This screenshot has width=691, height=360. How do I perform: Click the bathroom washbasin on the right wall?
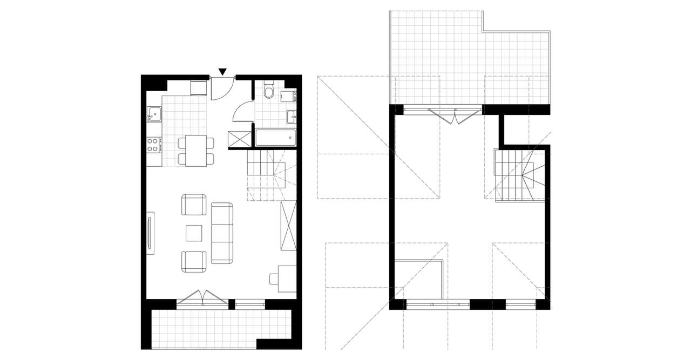(x=293, y=116)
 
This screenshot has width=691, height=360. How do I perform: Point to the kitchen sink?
(x=154, y=114)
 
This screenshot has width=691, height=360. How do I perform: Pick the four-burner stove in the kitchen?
(x=153, y=145)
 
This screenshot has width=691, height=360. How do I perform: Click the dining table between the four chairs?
(x=196, y=151)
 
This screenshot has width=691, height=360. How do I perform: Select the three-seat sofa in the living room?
(x=221, y=233)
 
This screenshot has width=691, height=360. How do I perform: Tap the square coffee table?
(x=194, y=233)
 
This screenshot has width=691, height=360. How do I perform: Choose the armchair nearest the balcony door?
(x=193, y=261)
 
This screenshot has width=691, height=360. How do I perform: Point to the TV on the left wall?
(x=150, y=233)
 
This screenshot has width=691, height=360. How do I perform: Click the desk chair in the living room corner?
(x=274, y=279)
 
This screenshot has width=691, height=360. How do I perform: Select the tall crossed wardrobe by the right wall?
(x=288, y=225)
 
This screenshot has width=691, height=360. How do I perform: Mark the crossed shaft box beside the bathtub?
(x=240, y=139)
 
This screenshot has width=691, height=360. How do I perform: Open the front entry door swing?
(x=222, y=89)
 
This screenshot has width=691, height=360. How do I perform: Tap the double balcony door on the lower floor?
(x=203, y=297)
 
